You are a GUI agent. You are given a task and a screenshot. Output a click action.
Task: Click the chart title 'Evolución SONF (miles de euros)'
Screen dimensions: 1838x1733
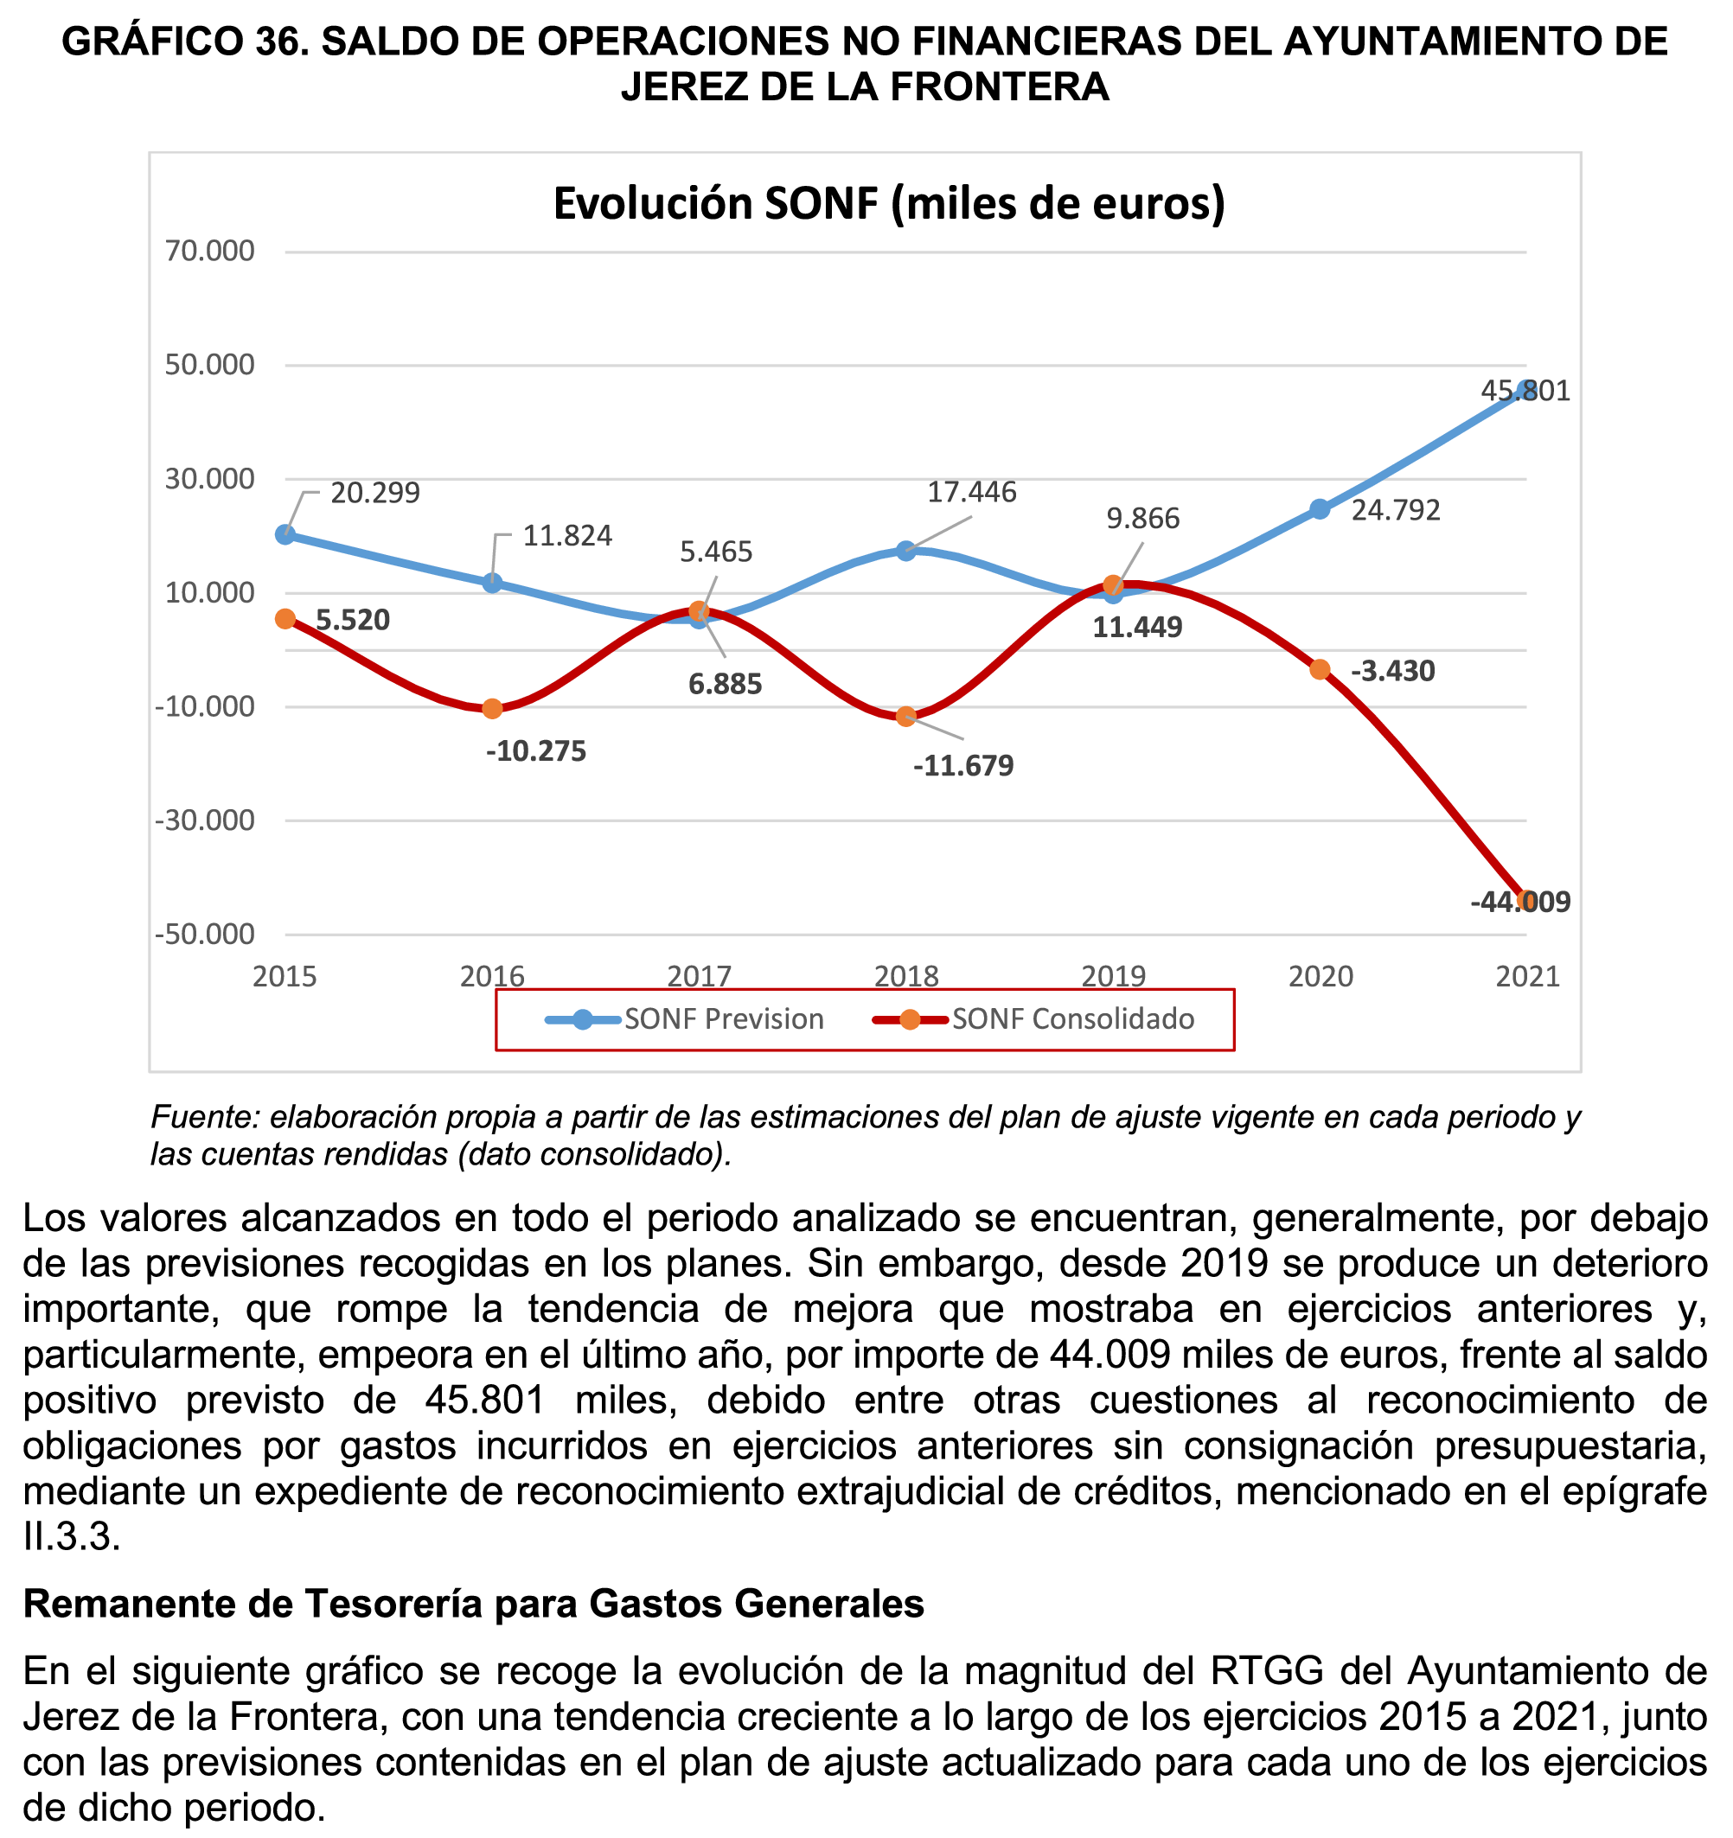889,203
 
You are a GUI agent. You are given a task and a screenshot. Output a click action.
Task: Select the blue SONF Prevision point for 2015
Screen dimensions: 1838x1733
285,534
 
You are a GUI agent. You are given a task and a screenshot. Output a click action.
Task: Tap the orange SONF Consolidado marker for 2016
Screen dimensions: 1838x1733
493,708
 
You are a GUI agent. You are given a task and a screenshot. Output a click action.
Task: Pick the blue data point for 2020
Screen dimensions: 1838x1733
1320,509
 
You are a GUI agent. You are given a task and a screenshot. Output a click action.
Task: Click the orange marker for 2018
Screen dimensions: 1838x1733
906,717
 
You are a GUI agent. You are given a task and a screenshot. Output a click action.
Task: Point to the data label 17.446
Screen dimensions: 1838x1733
972,493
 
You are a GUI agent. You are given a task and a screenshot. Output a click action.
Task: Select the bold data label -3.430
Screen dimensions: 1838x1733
1392,671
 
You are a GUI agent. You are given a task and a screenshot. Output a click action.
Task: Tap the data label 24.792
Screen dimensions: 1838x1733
1397,510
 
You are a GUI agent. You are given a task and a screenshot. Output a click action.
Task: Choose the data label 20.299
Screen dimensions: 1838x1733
375,494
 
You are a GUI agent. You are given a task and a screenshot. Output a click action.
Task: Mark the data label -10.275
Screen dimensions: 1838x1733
536,751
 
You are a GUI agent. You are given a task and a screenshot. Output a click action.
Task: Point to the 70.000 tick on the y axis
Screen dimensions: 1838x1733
210,252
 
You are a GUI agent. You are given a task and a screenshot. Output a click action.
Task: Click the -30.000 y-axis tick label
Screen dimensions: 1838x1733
204,821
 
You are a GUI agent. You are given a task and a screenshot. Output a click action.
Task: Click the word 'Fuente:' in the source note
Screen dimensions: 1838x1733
205,1118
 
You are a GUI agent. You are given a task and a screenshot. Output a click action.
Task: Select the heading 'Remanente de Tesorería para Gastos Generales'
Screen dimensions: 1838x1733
474,1604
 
